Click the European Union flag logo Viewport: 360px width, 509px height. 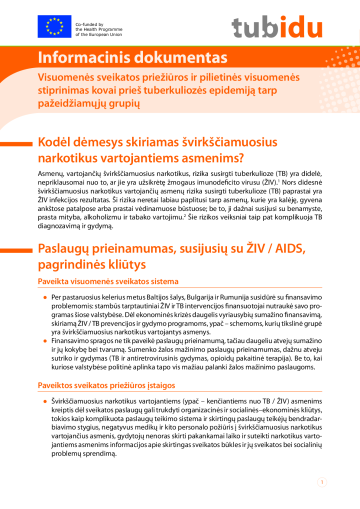[54, 27]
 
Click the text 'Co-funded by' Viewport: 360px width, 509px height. [89, 24]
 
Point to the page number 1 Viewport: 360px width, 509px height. [322, 482]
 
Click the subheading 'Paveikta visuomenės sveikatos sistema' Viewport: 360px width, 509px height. [108, 281]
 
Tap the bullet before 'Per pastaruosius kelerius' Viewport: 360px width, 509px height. [45, 296]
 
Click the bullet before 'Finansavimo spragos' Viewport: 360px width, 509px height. [45, 340]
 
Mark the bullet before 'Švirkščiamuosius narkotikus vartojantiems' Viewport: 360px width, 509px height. [45, 401]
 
